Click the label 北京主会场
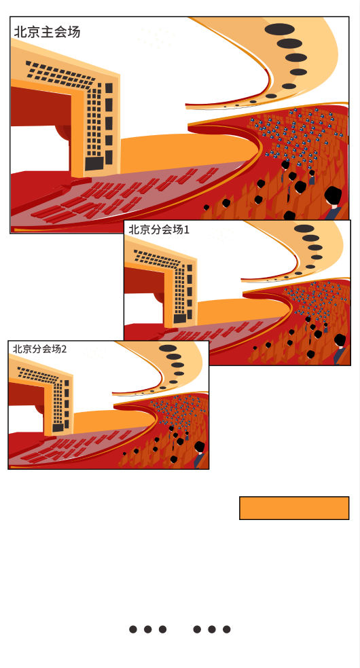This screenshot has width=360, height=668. (x=47, y=32)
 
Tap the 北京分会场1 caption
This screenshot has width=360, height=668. (x=159, y=229)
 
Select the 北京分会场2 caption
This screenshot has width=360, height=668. (x=39, y=348)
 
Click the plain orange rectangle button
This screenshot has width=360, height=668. (x=294, y=508)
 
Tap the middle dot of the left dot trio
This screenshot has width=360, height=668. (x=148, y=629)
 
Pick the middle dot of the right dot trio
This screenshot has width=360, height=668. (x=212, y=629)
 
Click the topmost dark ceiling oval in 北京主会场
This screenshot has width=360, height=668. (x=279, y=29)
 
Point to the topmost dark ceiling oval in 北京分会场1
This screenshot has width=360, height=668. (x=304, y=229)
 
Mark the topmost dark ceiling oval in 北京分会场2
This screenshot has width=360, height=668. (x=168, y=348)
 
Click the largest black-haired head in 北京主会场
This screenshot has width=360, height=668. (x=333, y=196)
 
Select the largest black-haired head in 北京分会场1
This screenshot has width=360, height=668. (x=340, y=340)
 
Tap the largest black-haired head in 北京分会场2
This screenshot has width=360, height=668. (x=200, y=447)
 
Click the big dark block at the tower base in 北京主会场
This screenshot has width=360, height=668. (x=94, y=163)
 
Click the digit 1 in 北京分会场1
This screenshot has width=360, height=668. (x=186, y=230)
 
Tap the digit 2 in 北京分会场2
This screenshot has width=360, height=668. (x=64, y=349)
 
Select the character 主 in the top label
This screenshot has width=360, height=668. (x=47, y=32)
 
